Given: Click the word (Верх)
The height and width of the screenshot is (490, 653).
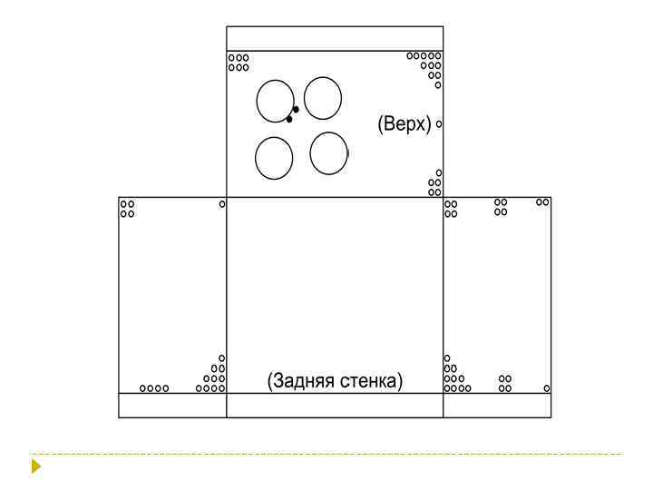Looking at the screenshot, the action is [x=404, y=123].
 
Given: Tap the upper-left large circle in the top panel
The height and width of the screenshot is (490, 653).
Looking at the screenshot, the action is [x=257, y=102].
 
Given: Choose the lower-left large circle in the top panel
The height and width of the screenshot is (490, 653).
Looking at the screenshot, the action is [x=255, y=158].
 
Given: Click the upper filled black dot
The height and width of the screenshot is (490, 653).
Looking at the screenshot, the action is [x=296, y=110].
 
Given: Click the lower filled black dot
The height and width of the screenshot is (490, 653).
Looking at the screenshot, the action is [x=289, y=120].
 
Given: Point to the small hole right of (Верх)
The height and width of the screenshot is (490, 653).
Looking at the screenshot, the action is [x=439, y=123].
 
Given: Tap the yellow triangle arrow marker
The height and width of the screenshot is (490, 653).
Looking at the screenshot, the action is [x=35, y=465].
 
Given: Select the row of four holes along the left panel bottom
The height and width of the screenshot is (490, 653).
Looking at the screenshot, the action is [x=154, y=388].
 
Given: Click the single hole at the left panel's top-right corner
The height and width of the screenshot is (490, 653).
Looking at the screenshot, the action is [x=222, y=204].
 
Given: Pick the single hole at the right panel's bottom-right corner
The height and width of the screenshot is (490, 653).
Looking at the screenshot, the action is [x=547, y=388].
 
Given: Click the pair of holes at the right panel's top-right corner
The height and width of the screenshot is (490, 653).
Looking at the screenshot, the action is [x=542, y=202].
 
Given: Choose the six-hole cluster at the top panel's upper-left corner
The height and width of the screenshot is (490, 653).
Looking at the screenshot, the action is [x=239, y=63].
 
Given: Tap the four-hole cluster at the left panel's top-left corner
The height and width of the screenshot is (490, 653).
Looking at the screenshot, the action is [x=128, y=209].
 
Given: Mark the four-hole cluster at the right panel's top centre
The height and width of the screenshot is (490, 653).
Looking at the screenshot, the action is [x=501, y=207].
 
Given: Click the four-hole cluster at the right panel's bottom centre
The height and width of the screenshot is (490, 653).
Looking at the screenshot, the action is [x=505, y=383].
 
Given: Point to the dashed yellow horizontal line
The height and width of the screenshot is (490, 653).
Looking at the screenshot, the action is [x=326, y=454].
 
